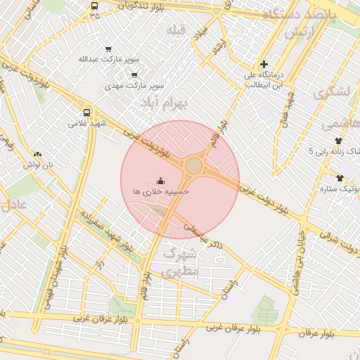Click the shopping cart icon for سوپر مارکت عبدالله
(x=108, y=49)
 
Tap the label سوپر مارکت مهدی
(x=141, y=84)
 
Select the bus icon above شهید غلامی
(x=87, y=112)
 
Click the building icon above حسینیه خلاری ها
(x=160, y=180)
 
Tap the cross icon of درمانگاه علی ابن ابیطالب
(x=264, y=64)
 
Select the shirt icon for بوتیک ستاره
(x=341, y=178)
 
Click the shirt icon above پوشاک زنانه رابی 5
(x=339, y=141)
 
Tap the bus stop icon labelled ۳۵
(x=95, y=6)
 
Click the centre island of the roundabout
(x=193, y=166)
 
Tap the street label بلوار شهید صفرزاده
(x=105, y=226)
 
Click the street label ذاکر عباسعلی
(x=204, y=236)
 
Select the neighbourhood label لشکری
(x=333, y=92)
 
